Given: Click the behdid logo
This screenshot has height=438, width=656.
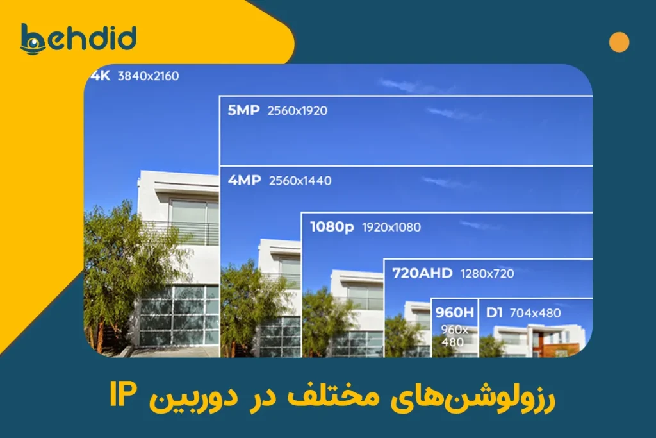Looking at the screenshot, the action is (78, 39).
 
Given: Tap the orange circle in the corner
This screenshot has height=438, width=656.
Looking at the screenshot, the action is (619, 42).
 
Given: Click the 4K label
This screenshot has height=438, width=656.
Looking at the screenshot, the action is (101, 76).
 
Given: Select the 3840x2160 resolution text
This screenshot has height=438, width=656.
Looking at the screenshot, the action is (148, 76).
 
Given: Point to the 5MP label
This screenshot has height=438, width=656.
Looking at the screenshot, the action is (243, 110).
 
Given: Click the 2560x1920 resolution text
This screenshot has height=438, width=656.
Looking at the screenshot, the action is (297, 110).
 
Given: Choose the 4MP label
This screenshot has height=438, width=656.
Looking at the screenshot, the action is (244, 180).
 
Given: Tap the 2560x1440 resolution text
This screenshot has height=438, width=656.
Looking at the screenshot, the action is (300, 180).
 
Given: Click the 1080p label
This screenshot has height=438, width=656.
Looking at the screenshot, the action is (332, 227).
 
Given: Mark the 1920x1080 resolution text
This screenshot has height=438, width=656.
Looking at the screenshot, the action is (391, 228).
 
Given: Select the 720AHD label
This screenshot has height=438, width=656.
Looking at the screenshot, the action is (422, 273).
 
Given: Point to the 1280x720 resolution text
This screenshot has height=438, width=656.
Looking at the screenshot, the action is (487, 274).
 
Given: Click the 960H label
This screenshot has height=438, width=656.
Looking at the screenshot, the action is (454, 312).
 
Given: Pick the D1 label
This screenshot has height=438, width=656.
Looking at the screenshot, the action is (494, 312).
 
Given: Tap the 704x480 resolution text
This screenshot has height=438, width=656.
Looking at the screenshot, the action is (535, 313).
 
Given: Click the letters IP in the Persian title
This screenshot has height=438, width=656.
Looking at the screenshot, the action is (123, 394).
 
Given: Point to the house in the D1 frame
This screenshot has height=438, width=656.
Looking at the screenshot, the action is (539, 340).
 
